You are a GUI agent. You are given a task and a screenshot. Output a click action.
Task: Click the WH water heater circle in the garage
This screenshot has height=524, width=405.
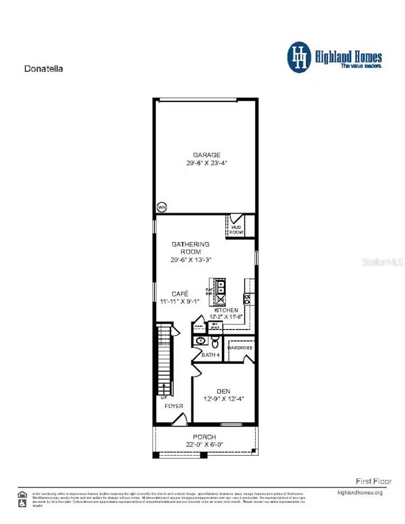pyautogui.click(x=161, y=208)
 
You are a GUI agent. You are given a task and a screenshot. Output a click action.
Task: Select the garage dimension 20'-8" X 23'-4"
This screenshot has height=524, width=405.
pyautogui.click(x=207, y=163)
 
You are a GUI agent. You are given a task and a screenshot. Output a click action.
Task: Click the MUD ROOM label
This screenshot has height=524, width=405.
pyautogui.click(x=237, y=230)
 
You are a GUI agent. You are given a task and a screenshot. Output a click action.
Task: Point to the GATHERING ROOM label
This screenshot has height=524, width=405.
pyautogui.click(x=190, y=248)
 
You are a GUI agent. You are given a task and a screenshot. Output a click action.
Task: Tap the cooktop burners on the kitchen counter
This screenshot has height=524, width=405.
pyautogui.click(x=247, y=298)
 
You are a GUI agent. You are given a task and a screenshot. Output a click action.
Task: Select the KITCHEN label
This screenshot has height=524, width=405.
pyautogui.click(x=226, y=310)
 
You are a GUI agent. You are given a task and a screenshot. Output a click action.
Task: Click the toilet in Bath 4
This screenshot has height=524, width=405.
pyautogui.click(x=216, y=343)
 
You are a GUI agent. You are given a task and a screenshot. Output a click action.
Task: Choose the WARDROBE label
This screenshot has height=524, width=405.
pyautogui.click(x=240, y=348)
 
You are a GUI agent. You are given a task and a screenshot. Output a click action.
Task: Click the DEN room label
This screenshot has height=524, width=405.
pyautogui.click(x=224, y=391)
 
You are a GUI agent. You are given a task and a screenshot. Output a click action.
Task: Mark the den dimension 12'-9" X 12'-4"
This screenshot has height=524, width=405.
pyautogui.click(x=224, y=399)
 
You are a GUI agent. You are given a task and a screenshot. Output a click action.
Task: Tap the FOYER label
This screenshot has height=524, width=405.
pyautogui.click(x=174, y=406)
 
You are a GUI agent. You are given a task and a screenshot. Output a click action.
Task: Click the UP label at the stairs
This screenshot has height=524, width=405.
pyautogui.click(x=163, y=398)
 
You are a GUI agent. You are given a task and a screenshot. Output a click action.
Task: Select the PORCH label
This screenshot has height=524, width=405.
pyautogui.click(x=204, y=437)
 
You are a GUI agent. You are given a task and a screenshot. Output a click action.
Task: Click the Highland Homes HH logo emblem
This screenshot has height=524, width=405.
pyautogui.click(x=299, y=57)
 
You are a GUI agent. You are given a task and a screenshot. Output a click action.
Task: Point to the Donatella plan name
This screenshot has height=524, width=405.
pyautogui.click(x=43, y=69)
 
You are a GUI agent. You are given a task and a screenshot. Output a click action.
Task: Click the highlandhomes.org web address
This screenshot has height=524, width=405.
pyautogui.click(x=360, y=492)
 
